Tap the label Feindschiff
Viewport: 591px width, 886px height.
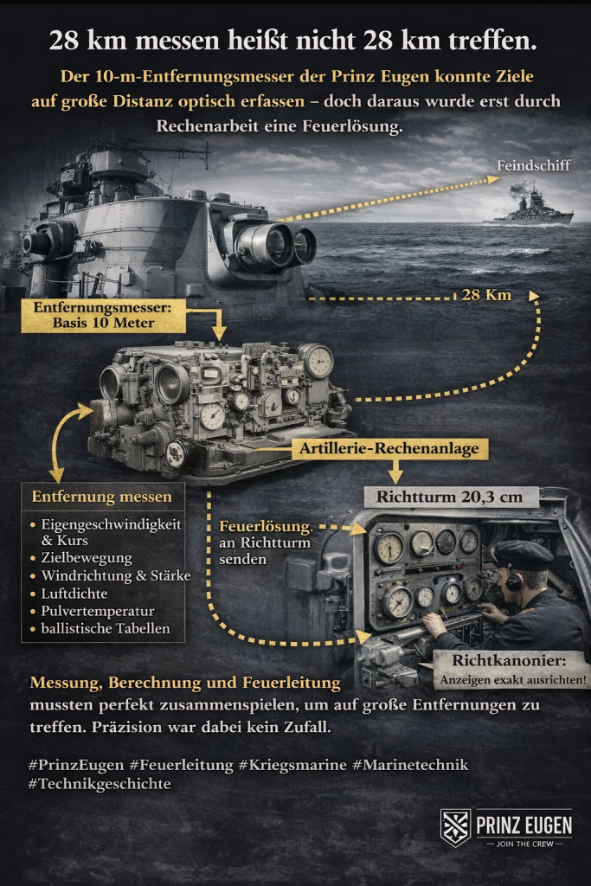534,165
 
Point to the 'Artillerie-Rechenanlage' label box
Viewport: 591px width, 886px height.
391,448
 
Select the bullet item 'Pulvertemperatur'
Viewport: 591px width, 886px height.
96,612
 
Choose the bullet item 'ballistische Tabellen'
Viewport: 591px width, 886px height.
106,628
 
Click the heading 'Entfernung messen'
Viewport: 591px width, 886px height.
102,497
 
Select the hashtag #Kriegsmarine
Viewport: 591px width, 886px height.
293,765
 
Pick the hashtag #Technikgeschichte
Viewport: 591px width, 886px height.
100,784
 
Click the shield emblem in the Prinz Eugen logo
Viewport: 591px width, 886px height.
455,826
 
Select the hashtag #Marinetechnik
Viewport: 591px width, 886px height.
411,765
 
